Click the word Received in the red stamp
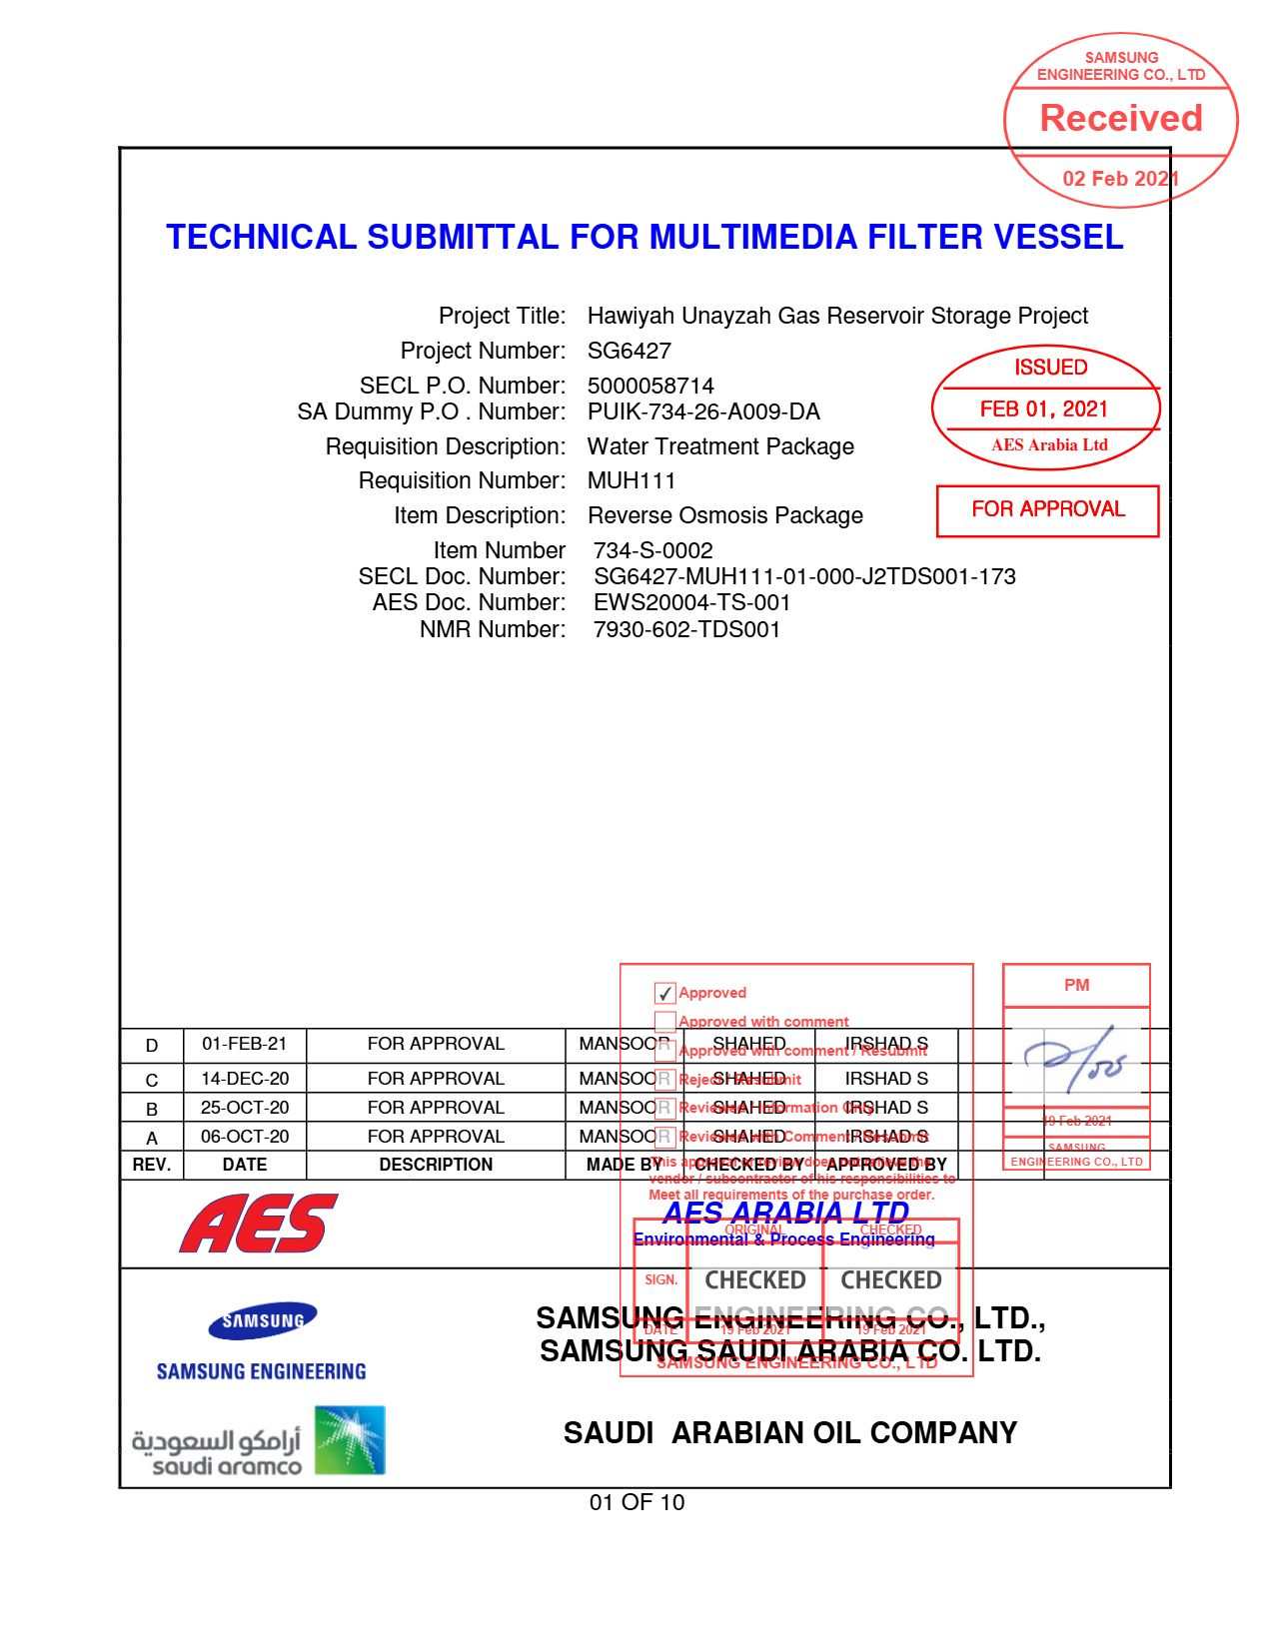coord(1121,119)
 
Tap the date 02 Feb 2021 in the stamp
coord(1120,179)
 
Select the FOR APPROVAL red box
coord(1047,510)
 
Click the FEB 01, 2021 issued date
coord(1044,409)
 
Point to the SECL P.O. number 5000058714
coord(650,387)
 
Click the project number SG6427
coord(629,352)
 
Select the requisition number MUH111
coord(632,481)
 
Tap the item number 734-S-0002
coord(652,551)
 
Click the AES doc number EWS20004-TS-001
coord(691,603)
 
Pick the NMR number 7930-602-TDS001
coord(686,630)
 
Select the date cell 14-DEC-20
coord(245,1079)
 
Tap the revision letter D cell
coord(152,1046)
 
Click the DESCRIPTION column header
coord(436,1165)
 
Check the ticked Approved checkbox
coord(664,994)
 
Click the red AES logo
coord(259,1224)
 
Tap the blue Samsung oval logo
coord(263,1321)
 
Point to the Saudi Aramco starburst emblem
coord(350,1440)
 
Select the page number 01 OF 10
coord(637,1503)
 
